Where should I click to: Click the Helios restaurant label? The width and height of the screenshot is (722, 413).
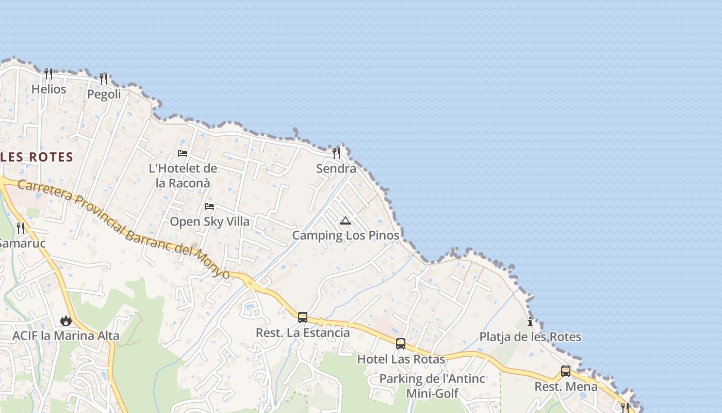(49, 89)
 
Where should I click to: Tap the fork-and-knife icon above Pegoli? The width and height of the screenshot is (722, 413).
(104, 79)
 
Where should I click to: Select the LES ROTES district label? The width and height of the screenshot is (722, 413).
(37, 157)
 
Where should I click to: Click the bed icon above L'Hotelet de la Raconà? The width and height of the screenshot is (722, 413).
(183, 153)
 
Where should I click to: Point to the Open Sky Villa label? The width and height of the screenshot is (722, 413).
(209, 221)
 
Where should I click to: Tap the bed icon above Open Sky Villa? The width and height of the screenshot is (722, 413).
(209, 206)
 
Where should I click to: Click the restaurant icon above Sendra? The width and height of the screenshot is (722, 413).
(336, 153)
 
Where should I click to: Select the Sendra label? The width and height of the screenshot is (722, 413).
(336, 169)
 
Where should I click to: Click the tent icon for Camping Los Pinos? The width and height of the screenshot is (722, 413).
(346, 221)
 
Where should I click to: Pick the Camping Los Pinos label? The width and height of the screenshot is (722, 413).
(346, 235)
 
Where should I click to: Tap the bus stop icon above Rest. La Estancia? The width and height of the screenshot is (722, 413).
(303, 317)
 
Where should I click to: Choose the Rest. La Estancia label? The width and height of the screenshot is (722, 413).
(303, 333)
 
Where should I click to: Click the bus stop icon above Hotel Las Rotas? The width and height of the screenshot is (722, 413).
(401, 343)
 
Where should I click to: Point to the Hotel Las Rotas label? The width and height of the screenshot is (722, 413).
(401, 359)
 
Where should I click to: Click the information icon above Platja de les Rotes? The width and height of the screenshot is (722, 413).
(530, 322)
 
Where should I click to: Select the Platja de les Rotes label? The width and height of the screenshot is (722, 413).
(530, 337)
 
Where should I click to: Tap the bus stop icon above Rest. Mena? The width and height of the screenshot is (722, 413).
(566, 371)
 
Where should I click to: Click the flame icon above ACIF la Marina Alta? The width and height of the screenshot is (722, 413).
(66, 321)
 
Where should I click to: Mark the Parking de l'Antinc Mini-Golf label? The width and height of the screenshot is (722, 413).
(432, 386)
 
